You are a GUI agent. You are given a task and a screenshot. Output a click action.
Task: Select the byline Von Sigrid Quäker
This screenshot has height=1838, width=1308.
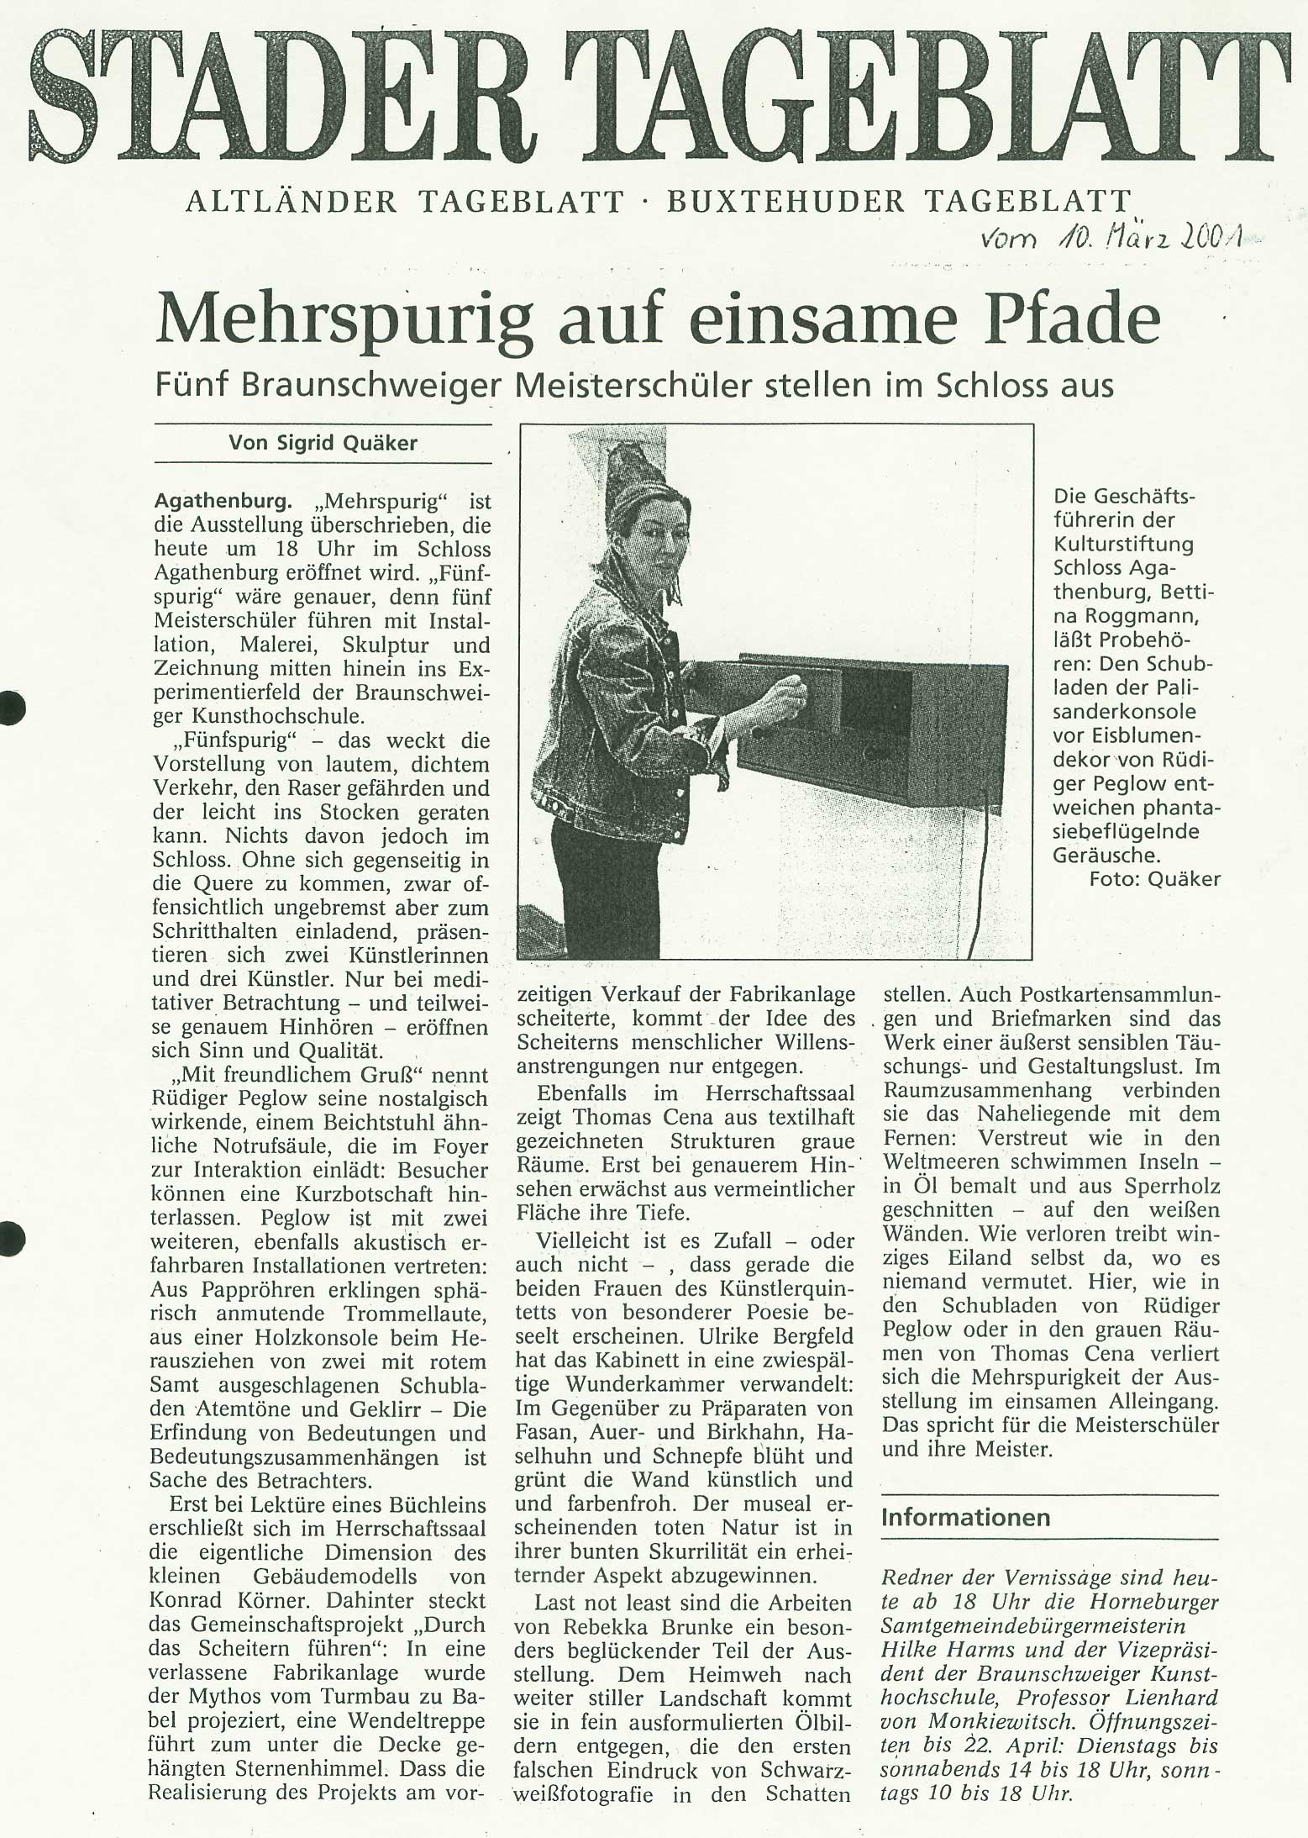pyautogui.click(x=323, y=443)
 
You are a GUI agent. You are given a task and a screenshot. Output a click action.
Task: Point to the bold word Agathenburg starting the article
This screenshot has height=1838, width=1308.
pyautogui.click(x=223, y=502)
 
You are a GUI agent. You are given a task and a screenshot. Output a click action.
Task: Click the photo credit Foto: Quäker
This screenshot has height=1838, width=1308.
pyautogui.click(x=1154, y=879)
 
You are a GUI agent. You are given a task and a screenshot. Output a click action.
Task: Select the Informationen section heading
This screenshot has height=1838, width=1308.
pyautogui.click(x=965, y=1517)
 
